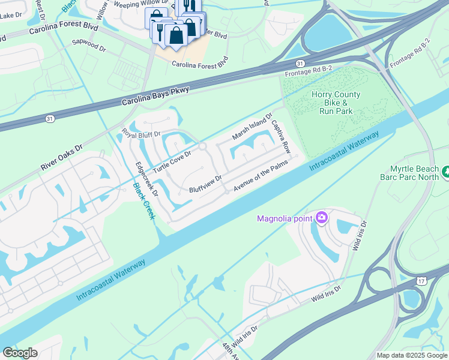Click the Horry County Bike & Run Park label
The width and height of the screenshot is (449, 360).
[x=336, y=103]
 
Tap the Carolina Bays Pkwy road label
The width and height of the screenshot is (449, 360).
[x=155, y=96]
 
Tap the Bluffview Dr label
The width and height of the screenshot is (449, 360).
[x=205, y=184]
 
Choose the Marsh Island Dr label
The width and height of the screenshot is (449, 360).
[x=252, y=126]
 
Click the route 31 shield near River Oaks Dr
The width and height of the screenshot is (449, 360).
[x=50, y=119]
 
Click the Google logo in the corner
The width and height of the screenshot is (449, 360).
[x=20, y=353]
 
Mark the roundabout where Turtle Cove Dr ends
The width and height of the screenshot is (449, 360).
[x=203, y=146]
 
